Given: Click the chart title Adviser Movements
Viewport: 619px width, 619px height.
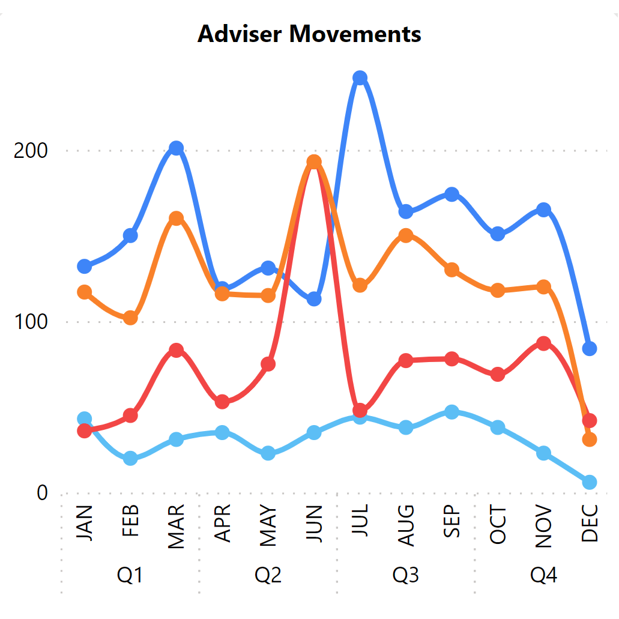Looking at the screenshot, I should (309, 34).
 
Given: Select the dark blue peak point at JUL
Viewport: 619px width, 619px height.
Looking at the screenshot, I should (360, 78).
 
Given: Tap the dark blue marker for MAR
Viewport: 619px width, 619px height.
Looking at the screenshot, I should (176, 148).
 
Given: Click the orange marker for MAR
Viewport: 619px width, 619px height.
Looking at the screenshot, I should (176, 219).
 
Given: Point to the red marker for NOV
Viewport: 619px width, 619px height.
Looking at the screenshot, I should (543, 343).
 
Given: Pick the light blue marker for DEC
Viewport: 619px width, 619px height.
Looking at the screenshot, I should (590, 482).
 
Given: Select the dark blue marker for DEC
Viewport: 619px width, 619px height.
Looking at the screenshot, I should (590, 348).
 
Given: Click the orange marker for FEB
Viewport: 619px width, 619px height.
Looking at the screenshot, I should (130, 318).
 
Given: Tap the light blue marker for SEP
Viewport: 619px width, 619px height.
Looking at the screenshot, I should (451, 412).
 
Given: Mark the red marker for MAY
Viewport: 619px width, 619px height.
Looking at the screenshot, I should (268, 364).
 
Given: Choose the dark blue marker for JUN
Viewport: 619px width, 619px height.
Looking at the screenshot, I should (314, 299).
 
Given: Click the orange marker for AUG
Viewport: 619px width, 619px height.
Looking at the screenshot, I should (406, 235).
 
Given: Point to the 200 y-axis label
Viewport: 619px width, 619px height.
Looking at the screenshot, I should (31, 151).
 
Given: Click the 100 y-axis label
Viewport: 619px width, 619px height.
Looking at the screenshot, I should (31, 322).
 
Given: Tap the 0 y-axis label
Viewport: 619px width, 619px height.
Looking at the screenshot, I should (41, 493).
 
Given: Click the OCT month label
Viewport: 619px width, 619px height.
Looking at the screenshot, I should (498, 525).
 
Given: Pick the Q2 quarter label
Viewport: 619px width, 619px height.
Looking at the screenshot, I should (268, 575).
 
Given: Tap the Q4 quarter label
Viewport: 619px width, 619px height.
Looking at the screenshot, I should (543, 575).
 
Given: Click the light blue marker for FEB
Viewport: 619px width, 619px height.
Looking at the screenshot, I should (130, 459).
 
